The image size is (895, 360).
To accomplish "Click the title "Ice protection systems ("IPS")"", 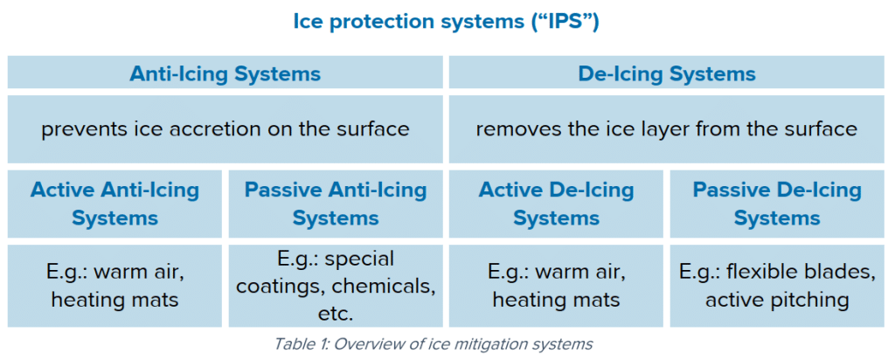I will point(447,22).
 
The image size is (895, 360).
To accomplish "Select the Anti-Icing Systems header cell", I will point(225,73).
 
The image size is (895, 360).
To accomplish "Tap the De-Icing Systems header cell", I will point(668,73).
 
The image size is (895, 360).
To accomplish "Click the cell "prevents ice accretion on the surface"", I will point(225,129).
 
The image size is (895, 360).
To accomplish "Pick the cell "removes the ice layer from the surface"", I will point(668,129).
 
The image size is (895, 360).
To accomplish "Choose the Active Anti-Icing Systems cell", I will point(114,204).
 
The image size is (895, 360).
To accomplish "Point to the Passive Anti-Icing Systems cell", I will point(336,204).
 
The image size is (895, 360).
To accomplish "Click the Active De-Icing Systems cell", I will point(557,204).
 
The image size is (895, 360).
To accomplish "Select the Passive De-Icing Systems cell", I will point(778,204).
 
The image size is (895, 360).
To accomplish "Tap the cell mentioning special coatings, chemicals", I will point(336,286).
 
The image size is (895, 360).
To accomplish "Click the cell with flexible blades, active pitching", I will point(778,286).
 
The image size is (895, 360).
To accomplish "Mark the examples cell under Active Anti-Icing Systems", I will point(114,286).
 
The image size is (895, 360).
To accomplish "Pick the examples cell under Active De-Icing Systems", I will point(557,286).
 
